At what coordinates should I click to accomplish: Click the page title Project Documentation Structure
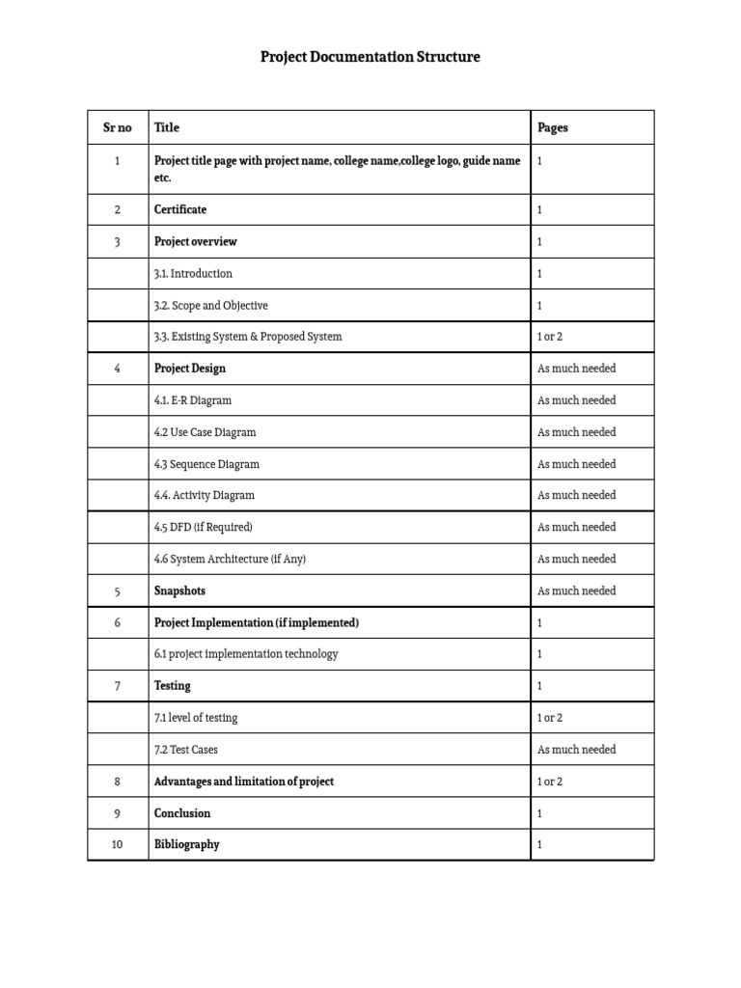click(370, 57)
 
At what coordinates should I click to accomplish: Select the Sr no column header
click(117, 127)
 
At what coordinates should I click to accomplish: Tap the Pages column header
click(553, 127)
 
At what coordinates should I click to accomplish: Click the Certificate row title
click(180, 209)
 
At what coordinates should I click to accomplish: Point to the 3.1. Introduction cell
click(193, 273)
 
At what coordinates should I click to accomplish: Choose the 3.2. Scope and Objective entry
click(210, 305)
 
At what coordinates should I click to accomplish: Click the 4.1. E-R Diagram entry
click(193, 399)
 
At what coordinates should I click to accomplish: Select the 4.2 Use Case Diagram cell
click(205, 432)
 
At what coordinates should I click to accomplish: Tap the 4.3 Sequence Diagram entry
click(206, 464)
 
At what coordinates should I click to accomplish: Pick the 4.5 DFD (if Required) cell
click(203, 527)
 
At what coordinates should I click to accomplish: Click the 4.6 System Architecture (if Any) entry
click(230, 559)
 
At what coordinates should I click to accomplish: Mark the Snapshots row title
click(179, 590)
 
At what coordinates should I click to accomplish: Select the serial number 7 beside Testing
click(117, 686)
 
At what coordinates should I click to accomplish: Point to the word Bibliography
click(186, 844)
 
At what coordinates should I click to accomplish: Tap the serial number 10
click(117, 844)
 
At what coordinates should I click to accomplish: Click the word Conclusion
click(182, 813)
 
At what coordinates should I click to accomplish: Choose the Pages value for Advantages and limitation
click(550, 782)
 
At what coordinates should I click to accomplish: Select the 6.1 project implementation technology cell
click(246, 654)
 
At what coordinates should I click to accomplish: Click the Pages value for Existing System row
click(550, 337)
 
